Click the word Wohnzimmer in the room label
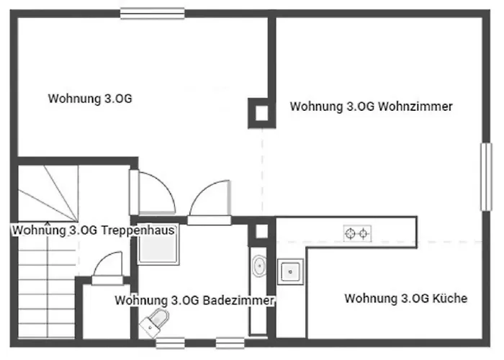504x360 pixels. point(419,107)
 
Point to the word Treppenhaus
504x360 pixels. point(138,230)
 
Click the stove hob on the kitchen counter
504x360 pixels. point(358,233)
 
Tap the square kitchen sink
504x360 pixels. point(292,272)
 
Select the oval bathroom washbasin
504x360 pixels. point(258,267)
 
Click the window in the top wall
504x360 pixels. point(152,12)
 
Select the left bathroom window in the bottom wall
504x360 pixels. point(170,343)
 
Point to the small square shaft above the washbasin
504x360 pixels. point(261,231)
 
